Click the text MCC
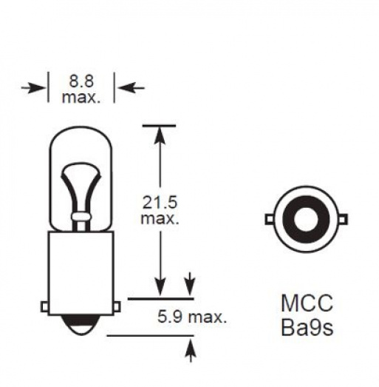coord(307,303)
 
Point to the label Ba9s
coord(307,326)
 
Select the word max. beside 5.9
coord(206,317)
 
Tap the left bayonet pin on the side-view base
coord(44,303)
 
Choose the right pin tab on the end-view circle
coord(342,218)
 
